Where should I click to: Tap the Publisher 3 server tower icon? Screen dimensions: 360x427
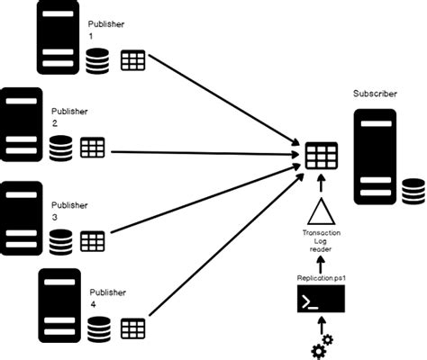point(22,215)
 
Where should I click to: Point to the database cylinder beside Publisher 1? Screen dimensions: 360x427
point(98,62)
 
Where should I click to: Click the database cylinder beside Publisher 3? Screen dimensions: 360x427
point(61,241)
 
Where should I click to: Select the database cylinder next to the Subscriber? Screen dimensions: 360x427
point(413,191)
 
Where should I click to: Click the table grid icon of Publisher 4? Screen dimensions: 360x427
point(133,328)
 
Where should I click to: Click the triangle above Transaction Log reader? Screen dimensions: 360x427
point(321,213)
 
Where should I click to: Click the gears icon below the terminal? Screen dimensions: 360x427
point(320,346)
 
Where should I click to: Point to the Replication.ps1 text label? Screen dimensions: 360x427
point(321,278)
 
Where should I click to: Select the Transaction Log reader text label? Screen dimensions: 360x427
point(321,244)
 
